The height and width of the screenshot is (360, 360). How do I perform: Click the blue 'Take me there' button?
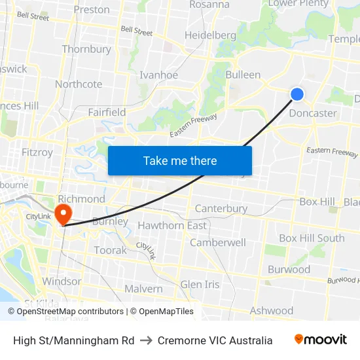[180, 161]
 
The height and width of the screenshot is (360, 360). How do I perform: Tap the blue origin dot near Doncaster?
[297, 94]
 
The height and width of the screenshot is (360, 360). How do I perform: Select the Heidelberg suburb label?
[210, 35]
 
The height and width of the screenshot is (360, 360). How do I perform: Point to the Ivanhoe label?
[158, 75]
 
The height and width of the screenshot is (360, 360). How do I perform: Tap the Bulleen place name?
[243, 75]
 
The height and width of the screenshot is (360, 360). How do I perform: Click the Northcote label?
[79, 84]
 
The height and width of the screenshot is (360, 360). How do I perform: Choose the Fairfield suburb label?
[107, 112]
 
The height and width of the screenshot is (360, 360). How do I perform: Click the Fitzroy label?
[37, 152]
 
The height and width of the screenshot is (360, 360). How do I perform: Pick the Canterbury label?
[221, 209]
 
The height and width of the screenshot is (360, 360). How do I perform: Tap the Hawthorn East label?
[172, 225]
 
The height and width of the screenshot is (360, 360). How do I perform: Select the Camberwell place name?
[218, 242]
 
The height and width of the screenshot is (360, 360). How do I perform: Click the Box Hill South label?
[312, 238]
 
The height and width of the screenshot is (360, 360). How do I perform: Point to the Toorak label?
[110, 250]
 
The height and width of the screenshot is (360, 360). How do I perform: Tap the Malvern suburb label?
[143, 289]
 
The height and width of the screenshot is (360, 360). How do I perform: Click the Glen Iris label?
[200, 284]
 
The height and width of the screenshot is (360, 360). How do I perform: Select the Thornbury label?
[86, 49]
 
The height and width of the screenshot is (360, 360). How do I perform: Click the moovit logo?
[320, 340]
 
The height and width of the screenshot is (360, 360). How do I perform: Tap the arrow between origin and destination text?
[146, 340]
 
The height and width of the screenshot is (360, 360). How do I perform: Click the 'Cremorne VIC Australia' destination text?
[215, 340]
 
